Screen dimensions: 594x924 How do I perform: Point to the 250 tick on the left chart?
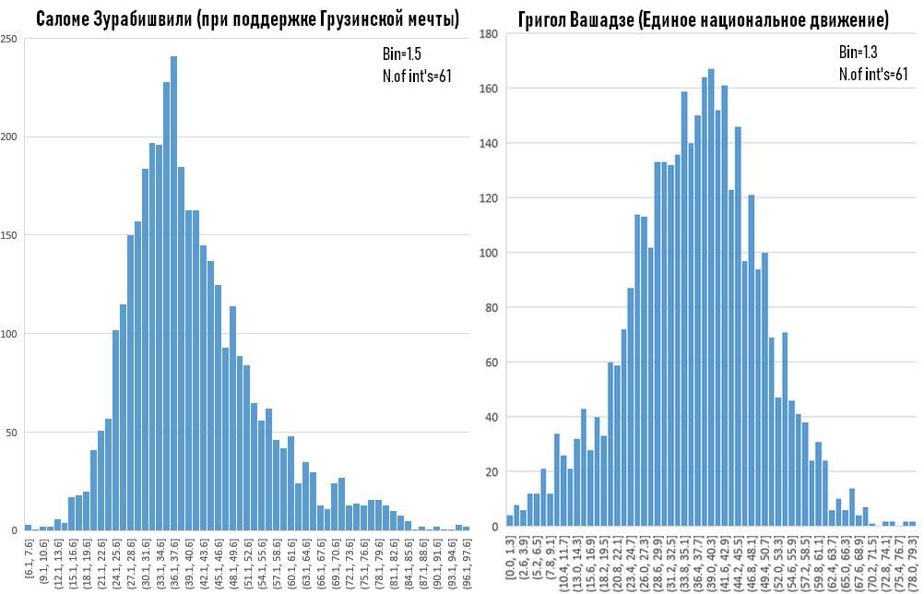coord(9,39)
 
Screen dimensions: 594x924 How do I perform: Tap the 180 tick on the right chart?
coord(490,34)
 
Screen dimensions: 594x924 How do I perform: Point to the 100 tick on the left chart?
coord(9,333)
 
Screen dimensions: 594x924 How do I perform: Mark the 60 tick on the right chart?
coord(492,362)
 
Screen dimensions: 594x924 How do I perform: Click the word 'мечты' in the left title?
coord(431,18)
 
